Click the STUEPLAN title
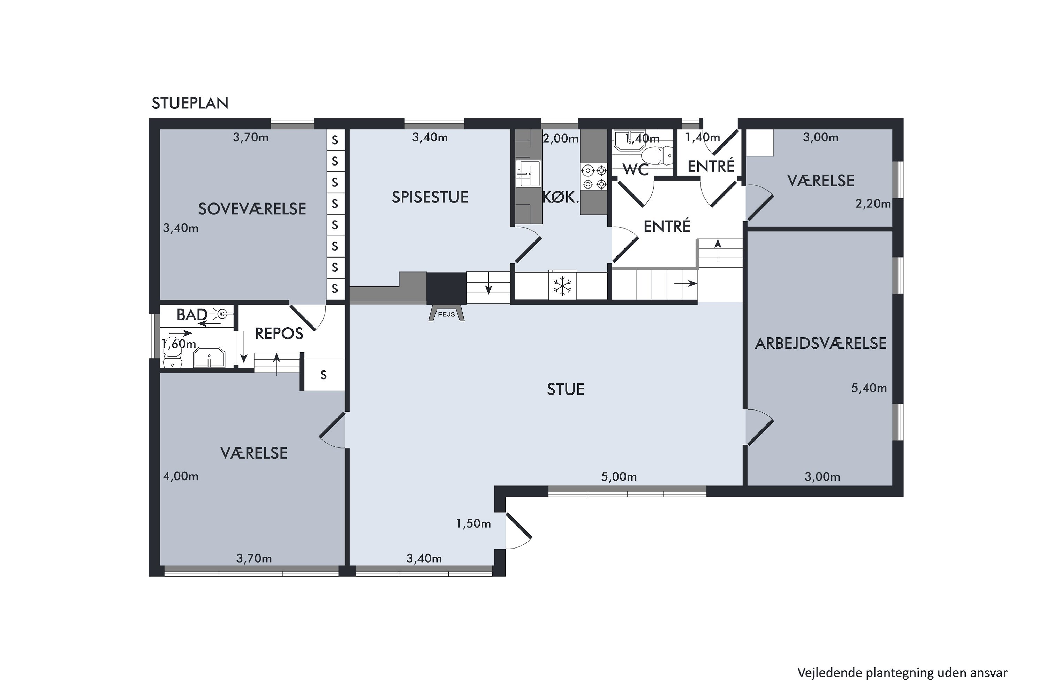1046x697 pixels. tap(190, 103)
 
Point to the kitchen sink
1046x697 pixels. tap(528, 174)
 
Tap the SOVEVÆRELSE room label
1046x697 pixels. tap(252, 209)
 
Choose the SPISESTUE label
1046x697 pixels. tap(430, 197)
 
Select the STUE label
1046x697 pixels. tap(565, 389)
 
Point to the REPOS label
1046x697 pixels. tap(279, 334)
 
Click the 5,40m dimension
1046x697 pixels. tap(869, 388)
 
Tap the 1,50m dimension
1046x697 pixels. tap(473, 524)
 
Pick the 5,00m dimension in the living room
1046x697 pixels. tap(619, 477)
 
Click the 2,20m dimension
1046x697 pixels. tap(873, 204)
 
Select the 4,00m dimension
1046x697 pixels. tap(181, 476)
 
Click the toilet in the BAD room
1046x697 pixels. tap(173, 357)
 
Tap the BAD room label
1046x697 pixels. tap(192, 315)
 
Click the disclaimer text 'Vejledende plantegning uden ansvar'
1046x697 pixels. tap(902, 673)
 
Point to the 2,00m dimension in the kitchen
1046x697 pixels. tap(560, 139)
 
